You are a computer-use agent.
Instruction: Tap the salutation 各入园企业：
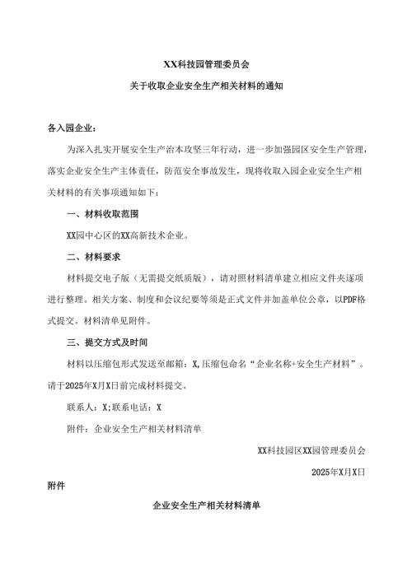pyautogui.click(x=73, y=128)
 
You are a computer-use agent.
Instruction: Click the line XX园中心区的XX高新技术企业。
pyautogui.click(x=128, y=235)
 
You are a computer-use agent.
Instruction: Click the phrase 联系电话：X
pyautogui.click(x=138, y=407)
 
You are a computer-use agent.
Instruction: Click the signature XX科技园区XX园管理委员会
pyautogui.click(x=311, y=450)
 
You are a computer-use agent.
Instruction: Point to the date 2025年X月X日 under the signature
pyautogui.click(x=338, y=472)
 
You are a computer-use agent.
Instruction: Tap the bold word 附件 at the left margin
pyautogui.click(x=57, y=487)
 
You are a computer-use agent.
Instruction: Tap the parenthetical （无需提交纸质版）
pyautogui.click(x=166, y=278)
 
